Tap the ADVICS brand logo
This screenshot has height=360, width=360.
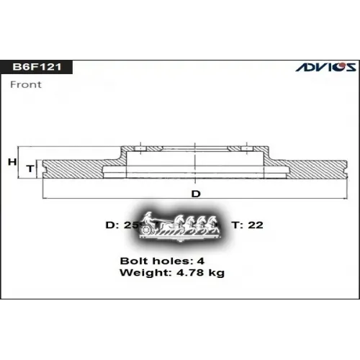(326, 66)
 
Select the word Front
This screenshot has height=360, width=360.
(25, 84)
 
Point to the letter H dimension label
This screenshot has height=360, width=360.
(12, 162)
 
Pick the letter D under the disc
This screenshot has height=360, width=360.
(195, 194)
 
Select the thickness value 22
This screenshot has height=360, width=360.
(256, 225)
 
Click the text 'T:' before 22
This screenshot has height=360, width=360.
(236, 225)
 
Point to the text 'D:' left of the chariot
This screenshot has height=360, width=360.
(112, 225)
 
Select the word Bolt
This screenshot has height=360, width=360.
(132, 261)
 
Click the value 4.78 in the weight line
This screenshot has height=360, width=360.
(189, 273)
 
